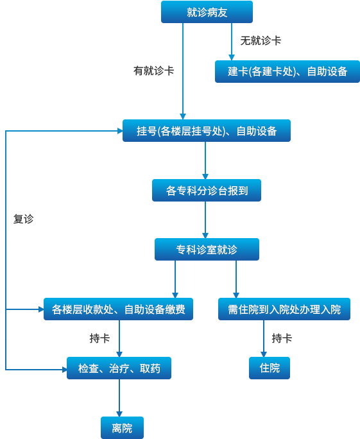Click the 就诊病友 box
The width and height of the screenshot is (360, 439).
point(207,12)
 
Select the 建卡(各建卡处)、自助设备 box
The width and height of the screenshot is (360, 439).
point(287,71)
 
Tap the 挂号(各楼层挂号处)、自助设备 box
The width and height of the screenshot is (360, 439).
point(207,131)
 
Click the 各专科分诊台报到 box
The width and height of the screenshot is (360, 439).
point(207,191)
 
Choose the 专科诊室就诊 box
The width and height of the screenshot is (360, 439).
point(207,250)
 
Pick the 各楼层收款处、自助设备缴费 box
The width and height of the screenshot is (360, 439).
point(119,309)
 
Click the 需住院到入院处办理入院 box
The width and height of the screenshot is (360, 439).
point(284,309)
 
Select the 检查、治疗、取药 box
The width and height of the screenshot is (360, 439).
point(119,368)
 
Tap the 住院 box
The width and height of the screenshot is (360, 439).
point(270,368)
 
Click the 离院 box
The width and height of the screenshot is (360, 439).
point(122,428)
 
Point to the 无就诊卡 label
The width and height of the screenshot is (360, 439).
point(261,41)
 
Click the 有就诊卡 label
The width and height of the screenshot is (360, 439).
point(153,71)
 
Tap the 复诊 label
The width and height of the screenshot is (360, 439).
point(24,219)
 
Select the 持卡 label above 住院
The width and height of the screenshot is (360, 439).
point(282,338)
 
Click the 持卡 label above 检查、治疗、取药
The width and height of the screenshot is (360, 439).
point(99,338)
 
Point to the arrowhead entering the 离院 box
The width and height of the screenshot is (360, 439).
point(119,414)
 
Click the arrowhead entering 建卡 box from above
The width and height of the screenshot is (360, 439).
point(232,57)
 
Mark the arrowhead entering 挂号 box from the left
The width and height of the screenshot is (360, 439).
point(120,131)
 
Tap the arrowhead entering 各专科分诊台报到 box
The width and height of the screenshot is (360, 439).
point(205,176)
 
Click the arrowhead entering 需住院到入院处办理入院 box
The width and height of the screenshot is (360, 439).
point(236,295)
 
